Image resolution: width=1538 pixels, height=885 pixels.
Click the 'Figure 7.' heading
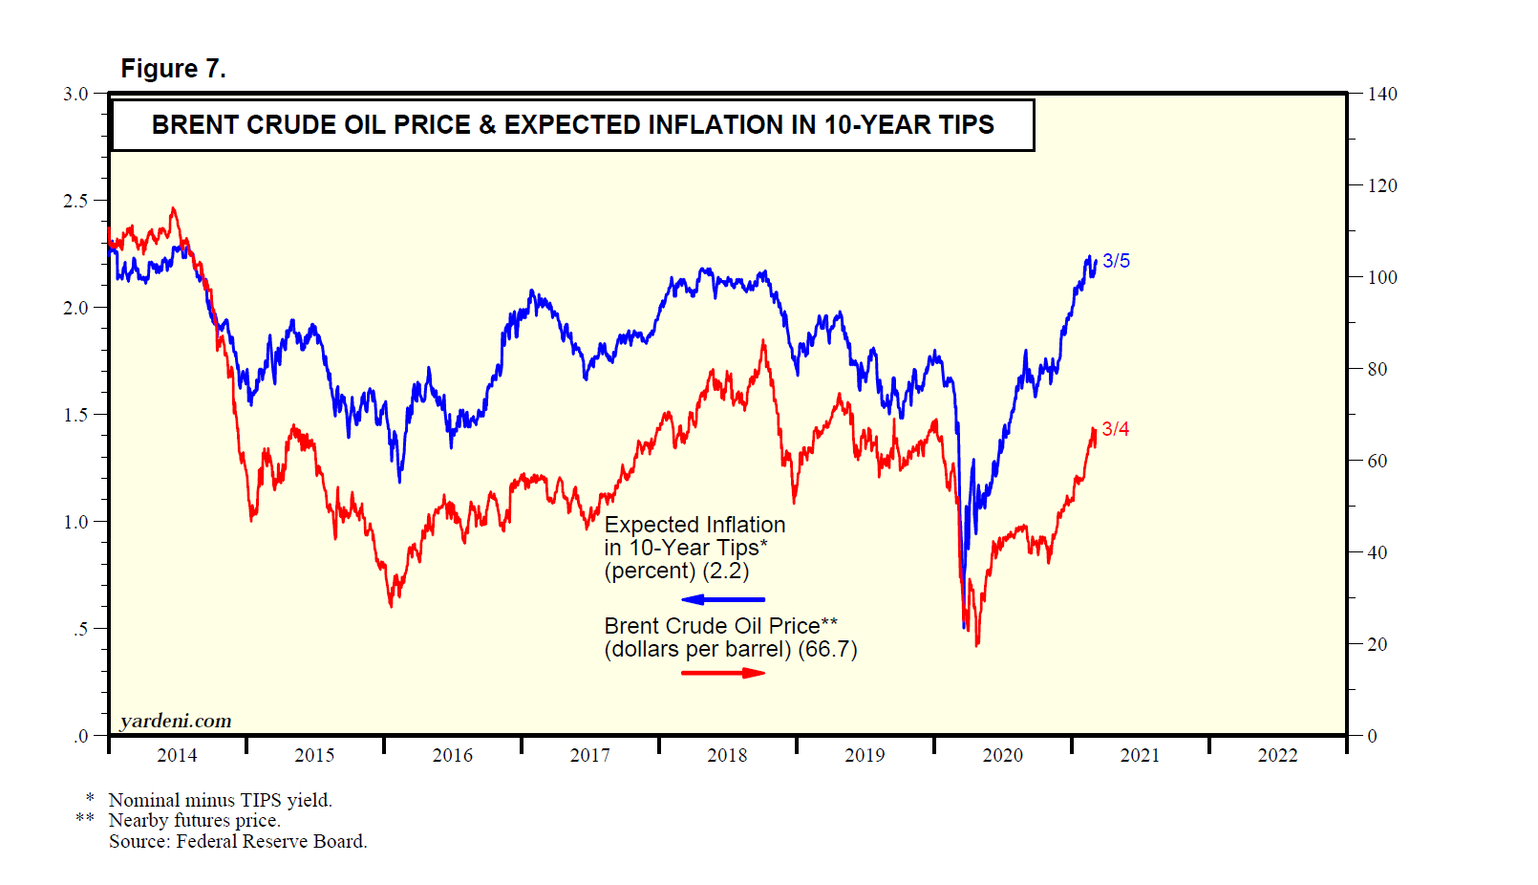coord(173,69)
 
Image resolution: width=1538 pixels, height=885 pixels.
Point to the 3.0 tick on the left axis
coord(75,94)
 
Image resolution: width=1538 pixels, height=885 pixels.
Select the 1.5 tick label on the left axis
coord(75,415)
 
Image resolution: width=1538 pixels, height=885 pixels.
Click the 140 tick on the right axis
coord(1381,94)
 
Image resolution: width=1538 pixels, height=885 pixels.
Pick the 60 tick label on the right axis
coord(1377,461)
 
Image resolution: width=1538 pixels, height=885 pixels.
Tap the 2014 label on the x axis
coord(177,755)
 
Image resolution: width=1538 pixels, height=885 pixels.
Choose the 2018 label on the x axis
coord(727,755)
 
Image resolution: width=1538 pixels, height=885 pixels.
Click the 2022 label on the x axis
coord(1277,755)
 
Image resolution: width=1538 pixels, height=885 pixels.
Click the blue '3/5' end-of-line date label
coord(1116,261)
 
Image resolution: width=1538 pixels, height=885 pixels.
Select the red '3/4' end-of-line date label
coord(1115,429)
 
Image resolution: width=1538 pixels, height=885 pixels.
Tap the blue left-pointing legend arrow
coord(722,599)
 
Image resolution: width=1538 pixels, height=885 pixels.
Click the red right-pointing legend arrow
coord(723,673)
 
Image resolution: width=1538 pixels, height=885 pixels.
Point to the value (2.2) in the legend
coord(726,571)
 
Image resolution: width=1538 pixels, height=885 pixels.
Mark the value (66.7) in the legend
coord(827,650)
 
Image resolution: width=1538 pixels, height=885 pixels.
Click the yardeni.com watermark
coord(176,721)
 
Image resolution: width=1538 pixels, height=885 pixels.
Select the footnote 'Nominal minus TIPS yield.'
coord(220,800)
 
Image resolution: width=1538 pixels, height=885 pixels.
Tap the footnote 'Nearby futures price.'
coord(194,820)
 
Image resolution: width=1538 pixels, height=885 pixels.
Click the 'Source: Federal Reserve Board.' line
coord(238,841)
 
